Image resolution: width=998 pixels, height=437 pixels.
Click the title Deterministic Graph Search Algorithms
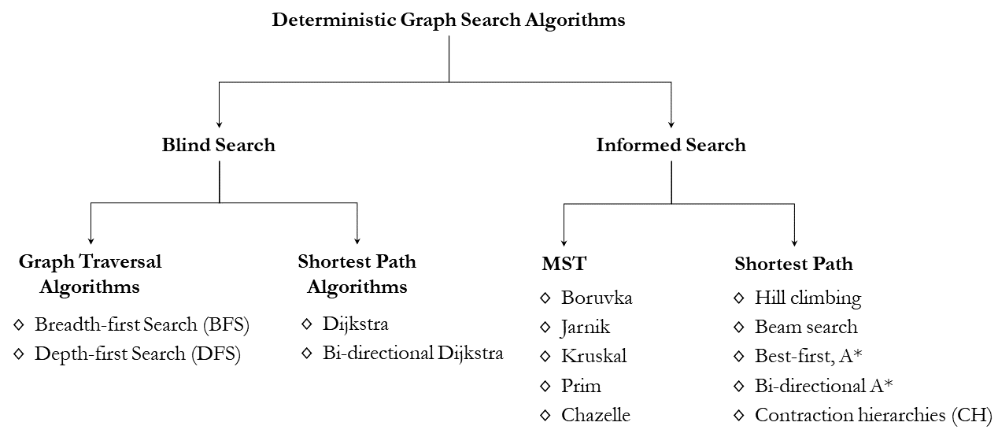coord(448,20)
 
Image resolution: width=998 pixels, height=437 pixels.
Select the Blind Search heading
coord(218,145)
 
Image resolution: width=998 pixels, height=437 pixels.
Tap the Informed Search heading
coord(671,145)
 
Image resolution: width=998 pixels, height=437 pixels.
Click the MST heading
coord(564,264)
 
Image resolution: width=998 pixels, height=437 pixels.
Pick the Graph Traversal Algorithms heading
coord(90,274)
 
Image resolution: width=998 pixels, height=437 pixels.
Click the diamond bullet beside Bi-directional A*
coord(739,386)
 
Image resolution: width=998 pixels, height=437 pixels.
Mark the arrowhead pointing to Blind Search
coord(219,124)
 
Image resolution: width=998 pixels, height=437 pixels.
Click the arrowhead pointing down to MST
coord(564,243)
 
